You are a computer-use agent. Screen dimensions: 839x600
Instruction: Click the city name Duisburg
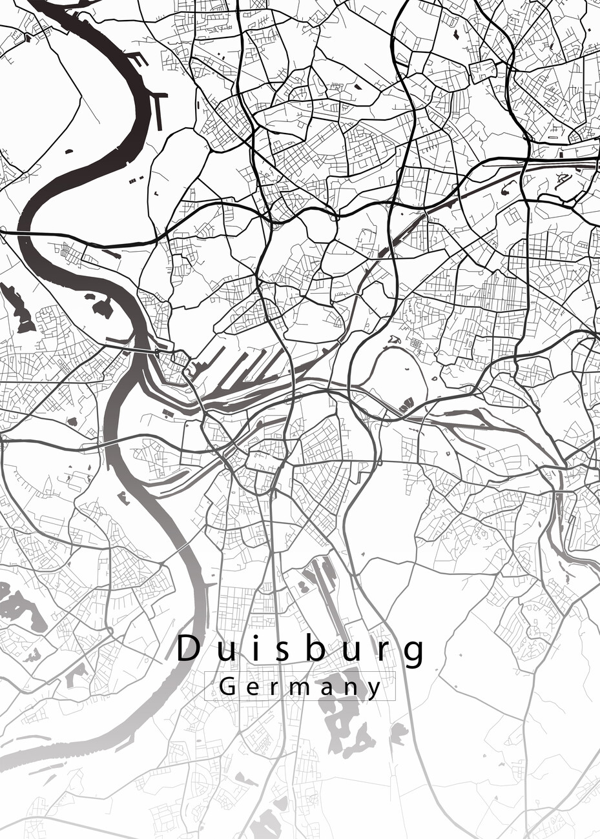pos(301,649)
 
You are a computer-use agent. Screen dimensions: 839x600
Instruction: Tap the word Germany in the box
pos(300,686)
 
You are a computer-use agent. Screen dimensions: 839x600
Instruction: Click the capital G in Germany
pos(227,686)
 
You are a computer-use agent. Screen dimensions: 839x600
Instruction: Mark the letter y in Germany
pos(375,689)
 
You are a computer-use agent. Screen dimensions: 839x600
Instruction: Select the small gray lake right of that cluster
pos(398,732)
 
